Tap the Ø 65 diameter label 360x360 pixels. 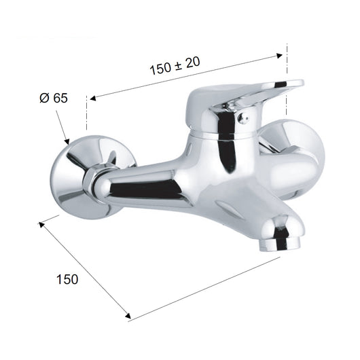tap(54, 98)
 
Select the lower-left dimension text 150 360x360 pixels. tap(67, 279)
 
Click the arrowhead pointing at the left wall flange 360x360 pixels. tap(67, 141)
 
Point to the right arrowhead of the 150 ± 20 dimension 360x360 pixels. tap(279, 56)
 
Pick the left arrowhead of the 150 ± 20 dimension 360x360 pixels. tap(93, 98)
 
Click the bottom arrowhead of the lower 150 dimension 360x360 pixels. tap(128, 316)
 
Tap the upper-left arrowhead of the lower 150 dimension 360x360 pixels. tap(41, 225)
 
